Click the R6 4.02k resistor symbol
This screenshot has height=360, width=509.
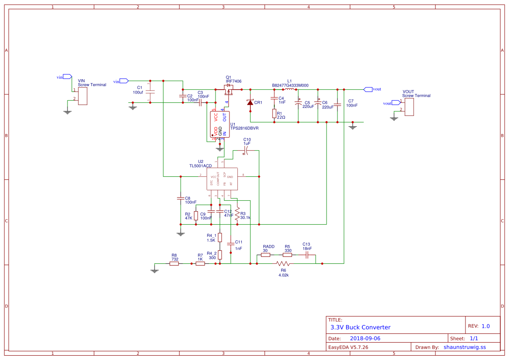click(x=283, y=264)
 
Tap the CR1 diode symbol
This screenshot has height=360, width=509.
click(x=250, y=102)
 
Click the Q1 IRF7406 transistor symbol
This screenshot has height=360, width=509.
click(x=228, y=89)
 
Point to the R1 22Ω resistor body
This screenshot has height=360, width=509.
click(x=274, y=114)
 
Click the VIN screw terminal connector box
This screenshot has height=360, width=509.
click(x=83, y=96)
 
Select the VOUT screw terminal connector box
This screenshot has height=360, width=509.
click(x=409, y=107)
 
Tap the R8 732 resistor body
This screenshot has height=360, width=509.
click(x=174, y=264)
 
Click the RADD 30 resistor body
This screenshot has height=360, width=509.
click(x=266, y=255)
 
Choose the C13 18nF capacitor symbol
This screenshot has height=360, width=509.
click(x=307, y=255)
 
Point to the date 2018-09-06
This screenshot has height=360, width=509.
click(x=365, y=338)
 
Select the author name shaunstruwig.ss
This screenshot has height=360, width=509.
click(x=465, y=347)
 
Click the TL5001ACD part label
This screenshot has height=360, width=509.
click(x=200, y=166)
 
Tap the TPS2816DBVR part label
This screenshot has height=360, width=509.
click(x=244, y=128)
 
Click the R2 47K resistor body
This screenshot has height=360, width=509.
click(x=196, y=215)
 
